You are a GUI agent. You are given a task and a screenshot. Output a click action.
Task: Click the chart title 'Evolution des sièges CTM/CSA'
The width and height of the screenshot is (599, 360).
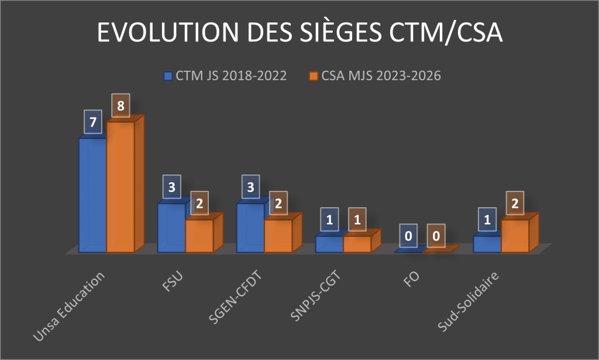pos(299,33)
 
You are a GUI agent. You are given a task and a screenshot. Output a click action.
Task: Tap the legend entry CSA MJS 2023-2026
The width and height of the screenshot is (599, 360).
pos(380,76)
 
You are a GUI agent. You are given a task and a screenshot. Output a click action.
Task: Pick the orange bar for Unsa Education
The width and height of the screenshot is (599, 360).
pos(121,187)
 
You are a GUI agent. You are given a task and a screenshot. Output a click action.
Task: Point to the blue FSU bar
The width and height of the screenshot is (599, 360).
pos(171,228)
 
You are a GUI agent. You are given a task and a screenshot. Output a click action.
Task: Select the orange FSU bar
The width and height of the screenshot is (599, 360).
pos(199,236)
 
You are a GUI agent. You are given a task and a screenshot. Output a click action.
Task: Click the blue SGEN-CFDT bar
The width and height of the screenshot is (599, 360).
pos(250,228)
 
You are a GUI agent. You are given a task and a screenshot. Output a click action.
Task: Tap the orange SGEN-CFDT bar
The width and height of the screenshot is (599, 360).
pos(278,236)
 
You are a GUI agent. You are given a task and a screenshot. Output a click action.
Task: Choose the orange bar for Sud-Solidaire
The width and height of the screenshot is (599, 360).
pos(515,236)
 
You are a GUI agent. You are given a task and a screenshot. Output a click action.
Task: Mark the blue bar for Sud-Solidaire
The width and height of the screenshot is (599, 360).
pos(487,244)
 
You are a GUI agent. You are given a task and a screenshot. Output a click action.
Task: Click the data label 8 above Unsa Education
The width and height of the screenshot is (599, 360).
pos(121,105)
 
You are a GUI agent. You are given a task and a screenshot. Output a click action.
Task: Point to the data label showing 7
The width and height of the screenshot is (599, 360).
pos(94,122)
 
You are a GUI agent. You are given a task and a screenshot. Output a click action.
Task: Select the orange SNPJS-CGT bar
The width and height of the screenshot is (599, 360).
pos(357,244)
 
